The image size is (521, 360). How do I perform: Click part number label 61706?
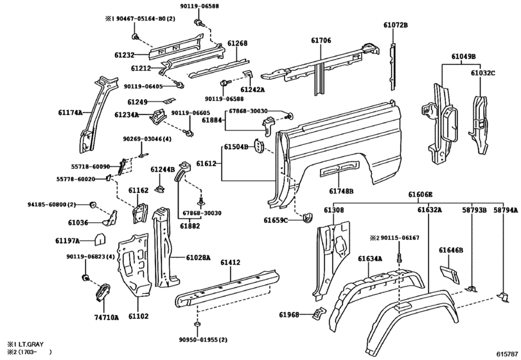(321, 40)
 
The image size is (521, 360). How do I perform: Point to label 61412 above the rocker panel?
(230, 262)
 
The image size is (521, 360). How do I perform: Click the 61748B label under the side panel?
(341, 191)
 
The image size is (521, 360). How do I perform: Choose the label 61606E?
(420, 194)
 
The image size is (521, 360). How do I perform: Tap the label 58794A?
(506, 210)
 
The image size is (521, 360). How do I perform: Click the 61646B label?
(451, 250)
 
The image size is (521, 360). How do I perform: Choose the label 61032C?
(483, 73)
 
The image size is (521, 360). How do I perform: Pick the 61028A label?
(198, 258)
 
